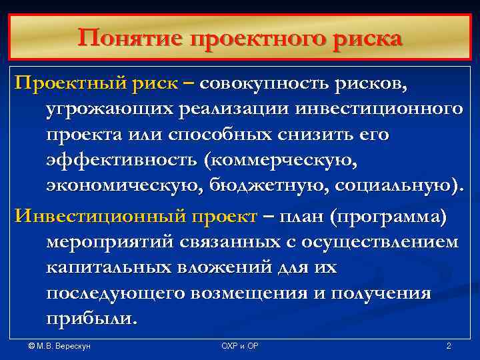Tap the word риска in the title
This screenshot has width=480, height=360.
tap(369, 38)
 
